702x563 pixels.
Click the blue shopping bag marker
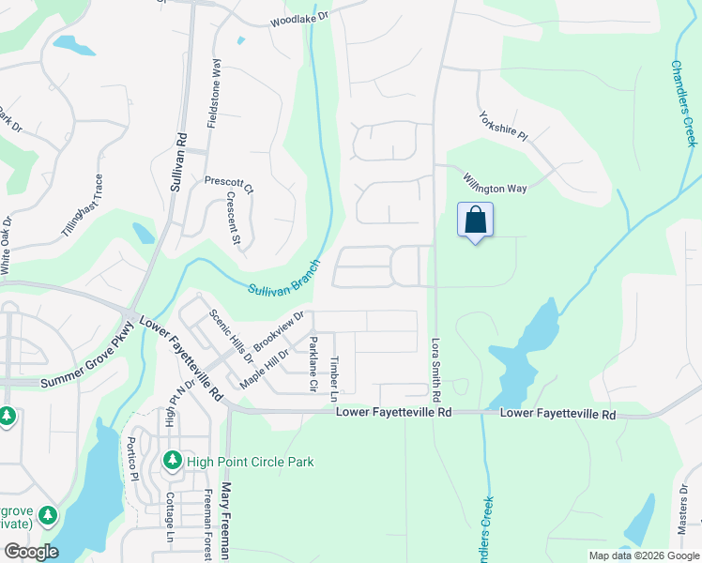coord(476,221)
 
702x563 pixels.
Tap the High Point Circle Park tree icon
coord(172,461)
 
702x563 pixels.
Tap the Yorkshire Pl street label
coord(504,127)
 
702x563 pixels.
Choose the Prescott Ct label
coord(230,183)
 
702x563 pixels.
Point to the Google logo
coord(30,552)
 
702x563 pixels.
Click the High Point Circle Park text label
coord(250,462)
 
